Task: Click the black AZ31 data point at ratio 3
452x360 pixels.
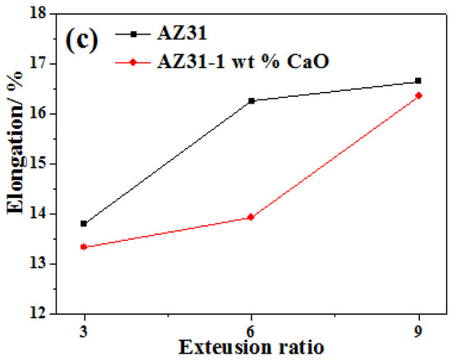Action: pyautogui.click(x=84, y=224)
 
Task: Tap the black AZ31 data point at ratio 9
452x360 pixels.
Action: pyautogui.click(x=418, y=81)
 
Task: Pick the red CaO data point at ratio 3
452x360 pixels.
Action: pyautogui.click(x=84, y=247)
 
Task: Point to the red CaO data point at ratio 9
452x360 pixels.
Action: pyautogui.click(x=418, y=95)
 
